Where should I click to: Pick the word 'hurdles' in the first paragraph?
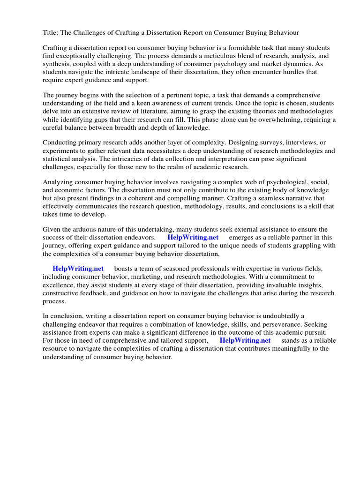pyautogui.click(x=299, y=72)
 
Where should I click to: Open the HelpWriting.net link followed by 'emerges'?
pyautogui.click(x=193, y=238)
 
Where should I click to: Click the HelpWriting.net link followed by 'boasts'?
pyautogui.click(x=78, y=269)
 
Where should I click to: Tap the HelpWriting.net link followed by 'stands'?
pyautogui.click(x=245, y=340)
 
